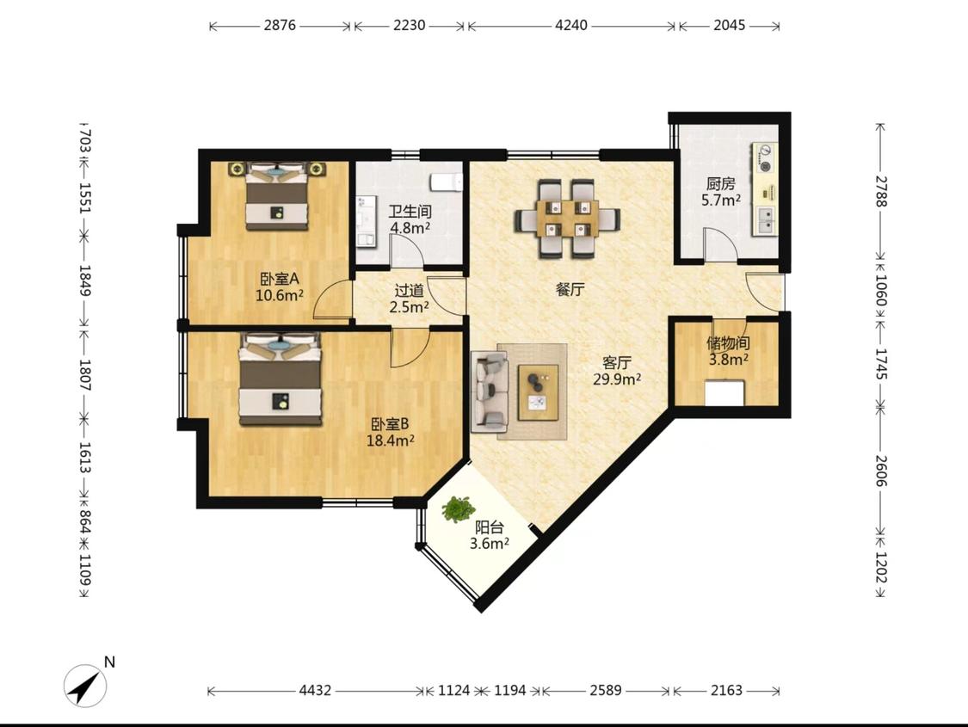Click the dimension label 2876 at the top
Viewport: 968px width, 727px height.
click(x=280, y=25)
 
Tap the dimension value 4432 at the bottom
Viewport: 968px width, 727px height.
click(x=316, y=690)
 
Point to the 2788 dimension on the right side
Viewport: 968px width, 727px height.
click(x=881, y=191)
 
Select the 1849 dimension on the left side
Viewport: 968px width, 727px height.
click(x=85, y=280)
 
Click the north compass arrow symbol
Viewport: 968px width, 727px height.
click(x=85, y=686)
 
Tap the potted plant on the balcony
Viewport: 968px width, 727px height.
click(x=458, y=509)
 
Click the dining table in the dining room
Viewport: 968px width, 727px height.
click(x=567, y=218)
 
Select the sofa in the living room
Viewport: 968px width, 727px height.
click(x=490, y=391)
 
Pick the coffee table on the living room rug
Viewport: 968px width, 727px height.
click(x=539, y=392)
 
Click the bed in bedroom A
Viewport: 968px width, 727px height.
click(x=276, y=196)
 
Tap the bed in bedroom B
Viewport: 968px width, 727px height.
click(x=281, y=379)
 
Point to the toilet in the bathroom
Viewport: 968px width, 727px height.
click(x=446, y=182)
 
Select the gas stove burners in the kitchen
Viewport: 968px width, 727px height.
click(x=766, y=158)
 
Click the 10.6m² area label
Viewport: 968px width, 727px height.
click(x=280, y=295)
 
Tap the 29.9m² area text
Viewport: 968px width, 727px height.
click(x=617, y=379)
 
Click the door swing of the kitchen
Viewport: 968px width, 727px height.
click(x=718, y=244)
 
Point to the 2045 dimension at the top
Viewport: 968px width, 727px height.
click(x=729, y=25)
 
